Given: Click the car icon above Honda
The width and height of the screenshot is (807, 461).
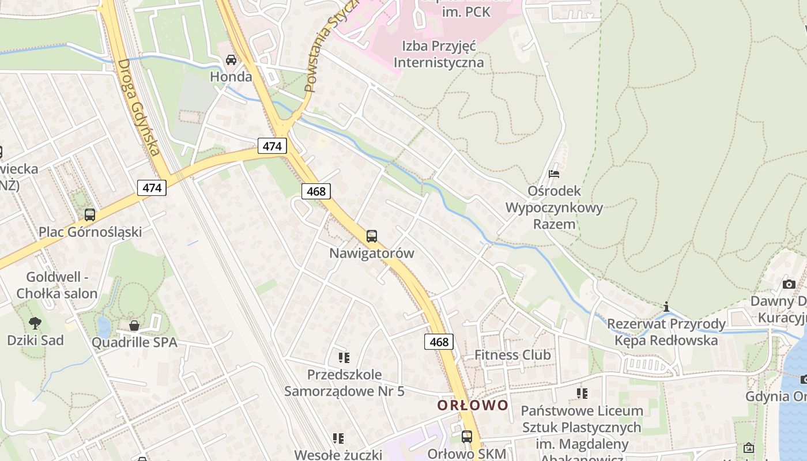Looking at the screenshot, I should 231,60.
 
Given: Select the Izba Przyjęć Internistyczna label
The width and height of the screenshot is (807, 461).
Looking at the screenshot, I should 439,54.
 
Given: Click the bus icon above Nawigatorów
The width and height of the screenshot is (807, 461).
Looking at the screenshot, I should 372,236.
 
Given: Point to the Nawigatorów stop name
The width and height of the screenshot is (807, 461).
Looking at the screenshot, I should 372,253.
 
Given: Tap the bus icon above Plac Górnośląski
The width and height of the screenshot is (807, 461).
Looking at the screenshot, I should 90,215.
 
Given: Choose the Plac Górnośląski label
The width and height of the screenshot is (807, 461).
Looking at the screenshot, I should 90,232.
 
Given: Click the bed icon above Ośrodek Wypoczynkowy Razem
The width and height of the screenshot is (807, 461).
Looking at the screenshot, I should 554,173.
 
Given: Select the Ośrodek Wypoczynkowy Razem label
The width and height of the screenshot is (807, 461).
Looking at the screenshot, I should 554,207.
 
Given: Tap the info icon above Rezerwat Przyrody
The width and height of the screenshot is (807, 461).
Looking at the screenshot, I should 667,307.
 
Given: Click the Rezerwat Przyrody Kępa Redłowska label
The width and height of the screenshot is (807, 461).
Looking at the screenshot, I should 666,332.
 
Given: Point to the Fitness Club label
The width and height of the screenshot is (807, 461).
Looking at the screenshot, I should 512,355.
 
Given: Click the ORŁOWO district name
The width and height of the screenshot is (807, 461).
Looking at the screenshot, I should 473,405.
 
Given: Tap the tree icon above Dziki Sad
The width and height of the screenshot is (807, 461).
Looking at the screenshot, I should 35,323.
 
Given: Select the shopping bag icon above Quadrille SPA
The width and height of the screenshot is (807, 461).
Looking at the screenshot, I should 134,326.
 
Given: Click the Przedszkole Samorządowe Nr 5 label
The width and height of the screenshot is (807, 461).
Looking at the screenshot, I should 344,383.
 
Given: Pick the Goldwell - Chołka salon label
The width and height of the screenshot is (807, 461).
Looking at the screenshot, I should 57,285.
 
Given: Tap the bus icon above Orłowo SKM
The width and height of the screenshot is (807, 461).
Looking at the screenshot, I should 467,436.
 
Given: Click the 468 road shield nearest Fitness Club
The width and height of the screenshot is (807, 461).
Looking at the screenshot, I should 439,342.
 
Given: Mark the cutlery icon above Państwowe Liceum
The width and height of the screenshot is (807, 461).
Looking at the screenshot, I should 582,394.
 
